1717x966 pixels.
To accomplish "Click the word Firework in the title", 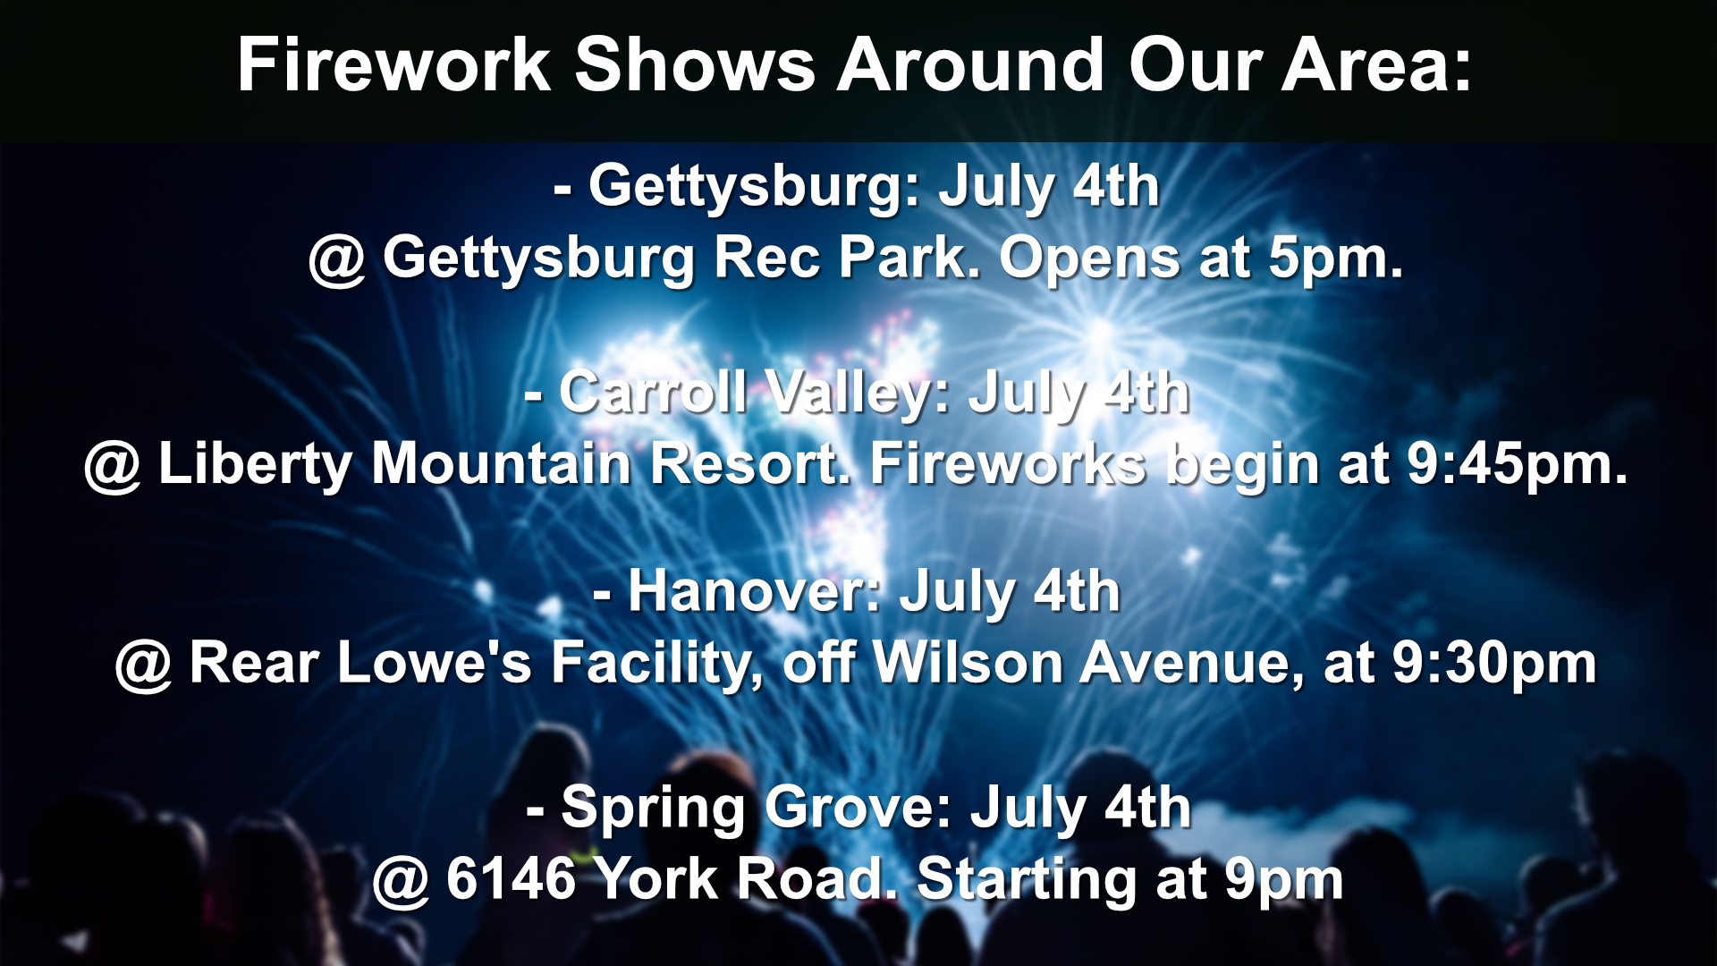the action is [x=394, y=65].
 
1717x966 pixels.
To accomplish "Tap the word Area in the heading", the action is [x=1368, y=65].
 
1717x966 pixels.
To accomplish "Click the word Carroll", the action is [x=653, y=392].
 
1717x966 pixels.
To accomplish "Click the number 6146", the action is [x=511, y=878].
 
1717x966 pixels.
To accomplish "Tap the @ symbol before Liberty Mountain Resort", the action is [x=113, y=466].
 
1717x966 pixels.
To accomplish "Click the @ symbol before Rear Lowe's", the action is [x=144, y=665].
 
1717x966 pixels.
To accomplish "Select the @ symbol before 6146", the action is [x=402, y=881].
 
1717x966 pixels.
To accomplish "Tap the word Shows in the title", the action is [x=694, y=65].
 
